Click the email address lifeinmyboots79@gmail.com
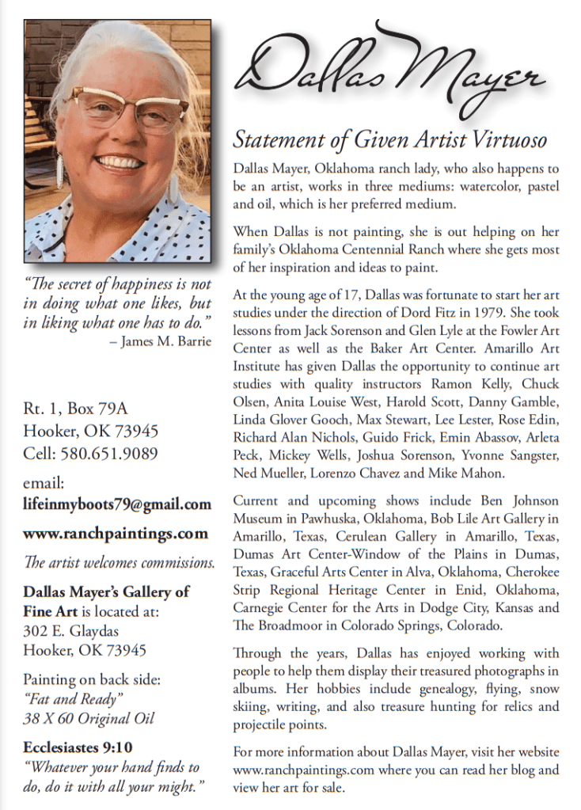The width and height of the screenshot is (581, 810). click(x=117, y=504)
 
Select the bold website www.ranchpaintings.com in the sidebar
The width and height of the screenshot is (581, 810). click(x=116, y=533)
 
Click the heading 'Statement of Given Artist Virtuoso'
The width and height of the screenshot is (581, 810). click(x=389, y=141)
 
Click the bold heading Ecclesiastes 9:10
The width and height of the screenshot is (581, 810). click(x=78, y=747)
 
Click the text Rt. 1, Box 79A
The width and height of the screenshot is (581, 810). click(x=75, y=409)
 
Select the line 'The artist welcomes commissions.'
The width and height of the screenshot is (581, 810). click(x=119, y=563)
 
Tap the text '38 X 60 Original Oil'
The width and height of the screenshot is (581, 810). click(x=89, y=719)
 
